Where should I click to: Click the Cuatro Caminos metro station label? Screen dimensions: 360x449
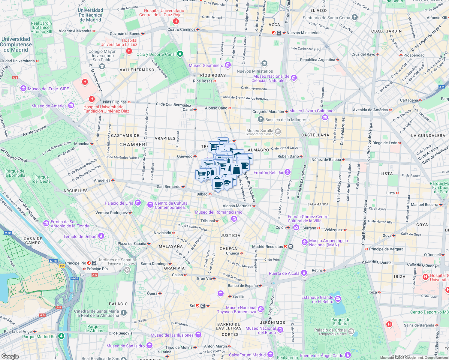pos(182,29)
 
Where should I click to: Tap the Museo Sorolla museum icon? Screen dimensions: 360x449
pos(278,132)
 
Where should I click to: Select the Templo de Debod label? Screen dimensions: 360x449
pos(80,236)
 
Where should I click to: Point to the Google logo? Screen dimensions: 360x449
pos(10,356)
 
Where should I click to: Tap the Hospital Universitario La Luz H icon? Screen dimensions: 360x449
pos(129,51)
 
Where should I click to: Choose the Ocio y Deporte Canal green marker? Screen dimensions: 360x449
pos(180,54)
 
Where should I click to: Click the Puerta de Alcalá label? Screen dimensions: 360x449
pos(284,273)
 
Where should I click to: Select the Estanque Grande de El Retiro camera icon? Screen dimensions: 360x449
pos(338,299)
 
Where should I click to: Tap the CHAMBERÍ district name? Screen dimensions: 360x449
pos(133,145)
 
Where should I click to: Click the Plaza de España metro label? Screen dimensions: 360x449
pos(132,244)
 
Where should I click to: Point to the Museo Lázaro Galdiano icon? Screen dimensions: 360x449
pos(325,117)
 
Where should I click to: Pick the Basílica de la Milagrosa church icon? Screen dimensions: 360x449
pos(261,119)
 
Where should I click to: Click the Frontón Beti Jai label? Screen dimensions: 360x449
pos(268,172)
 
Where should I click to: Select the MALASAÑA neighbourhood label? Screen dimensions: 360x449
pos(170,246)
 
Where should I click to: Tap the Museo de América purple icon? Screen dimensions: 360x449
pos(71,106)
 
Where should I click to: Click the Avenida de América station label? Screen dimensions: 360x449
pos(370,110)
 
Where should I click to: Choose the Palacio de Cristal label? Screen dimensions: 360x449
pos(330,330)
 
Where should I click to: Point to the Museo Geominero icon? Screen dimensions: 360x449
pos(228,65)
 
